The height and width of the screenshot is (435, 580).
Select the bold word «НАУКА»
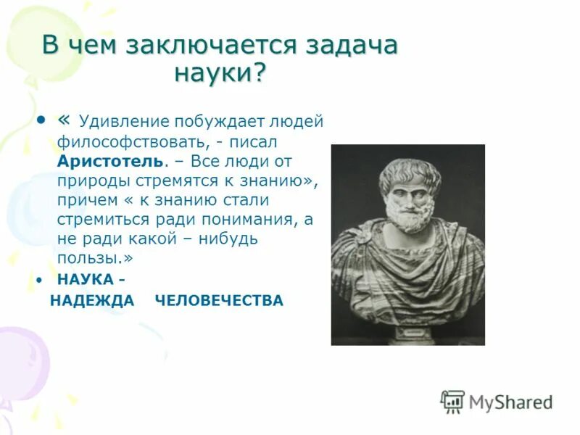[x=86, y=280]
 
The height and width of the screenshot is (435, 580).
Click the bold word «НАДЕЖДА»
[x=92, y=301]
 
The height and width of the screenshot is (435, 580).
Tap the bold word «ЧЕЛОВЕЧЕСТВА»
[x=219, y=301]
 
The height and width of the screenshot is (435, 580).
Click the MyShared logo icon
[x=452, y=401]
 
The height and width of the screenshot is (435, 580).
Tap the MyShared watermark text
[x=510, y=402]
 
